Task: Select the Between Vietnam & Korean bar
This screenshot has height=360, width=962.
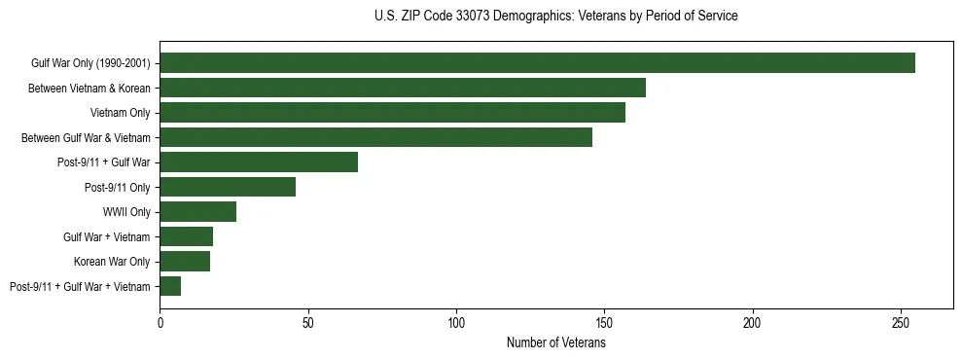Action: pos(403,89)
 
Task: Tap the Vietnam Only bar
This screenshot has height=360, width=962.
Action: pos(392,113)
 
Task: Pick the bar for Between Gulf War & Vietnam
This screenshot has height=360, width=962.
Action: pos(375,137)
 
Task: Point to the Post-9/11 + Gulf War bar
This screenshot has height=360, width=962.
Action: pos(259,162)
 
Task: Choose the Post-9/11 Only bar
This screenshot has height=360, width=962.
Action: pos(228,187)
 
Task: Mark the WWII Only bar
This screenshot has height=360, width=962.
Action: pos(197,212)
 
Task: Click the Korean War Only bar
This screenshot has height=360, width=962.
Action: pos(185,261)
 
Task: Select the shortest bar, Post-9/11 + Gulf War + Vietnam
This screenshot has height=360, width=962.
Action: pos(170,286)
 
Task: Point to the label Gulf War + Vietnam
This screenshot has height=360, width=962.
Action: pos(107,236)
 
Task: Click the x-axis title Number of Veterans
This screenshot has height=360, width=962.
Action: pos(556,342)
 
